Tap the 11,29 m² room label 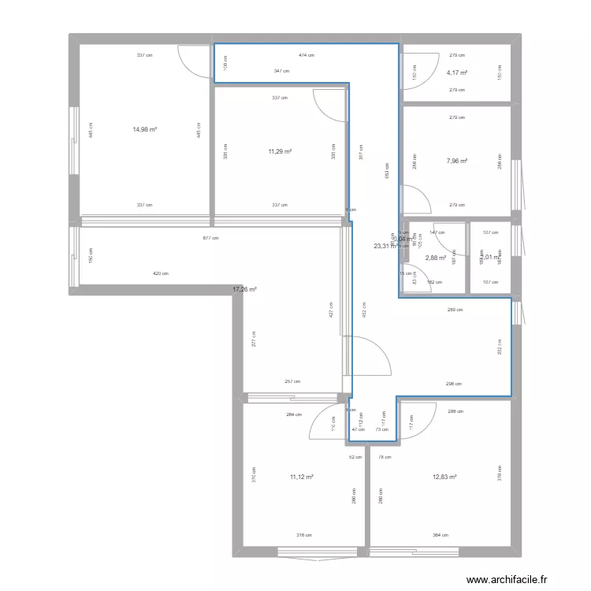(280, 152)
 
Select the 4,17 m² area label (457, 73)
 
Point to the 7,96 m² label (457, 161)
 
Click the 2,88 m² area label (437, 257)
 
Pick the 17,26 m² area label (244, 289)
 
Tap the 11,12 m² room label (302, 477)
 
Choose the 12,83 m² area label (444, 477)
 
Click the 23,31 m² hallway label (385, 246)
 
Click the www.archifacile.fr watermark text (507, 580)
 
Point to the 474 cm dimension (306, 55)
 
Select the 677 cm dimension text (210, 238)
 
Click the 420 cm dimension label (160, 274)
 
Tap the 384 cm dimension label (440, 536)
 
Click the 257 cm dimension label (292, 381)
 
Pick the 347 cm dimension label (281, 71)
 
